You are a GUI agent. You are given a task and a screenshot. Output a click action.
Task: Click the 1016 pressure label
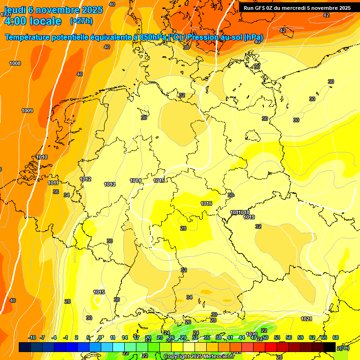pyautogui.click(x=206, y=203)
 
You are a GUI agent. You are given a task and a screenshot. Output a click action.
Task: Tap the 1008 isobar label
pyautogui.click(x=15, y=63)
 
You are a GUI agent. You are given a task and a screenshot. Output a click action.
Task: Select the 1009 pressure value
pyautogui.click(x=27, y=111)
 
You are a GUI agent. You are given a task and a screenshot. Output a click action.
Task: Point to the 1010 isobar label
pyautogui.click(x=42, y=157)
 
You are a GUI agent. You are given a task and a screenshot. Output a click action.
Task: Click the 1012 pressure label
pyautogui.click(x=85, y=179)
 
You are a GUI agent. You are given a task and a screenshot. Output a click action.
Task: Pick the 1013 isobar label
pyautogui.click(x=110, y=184)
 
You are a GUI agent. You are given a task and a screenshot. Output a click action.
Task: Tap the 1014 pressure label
pyautogui.click(x=135, y=180)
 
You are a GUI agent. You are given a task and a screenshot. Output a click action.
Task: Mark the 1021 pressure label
pyautogui.click(x=307, y=319)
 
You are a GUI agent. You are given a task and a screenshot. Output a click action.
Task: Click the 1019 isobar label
pyautogui.click(x=249, y=217)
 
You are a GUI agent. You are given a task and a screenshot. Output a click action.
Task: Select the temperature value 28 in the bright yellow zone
pyautogui.click(x=183, y=228)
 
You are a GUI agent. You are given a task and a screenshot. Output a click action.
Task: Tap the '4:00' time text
pyautogui.click(x=14, y=21)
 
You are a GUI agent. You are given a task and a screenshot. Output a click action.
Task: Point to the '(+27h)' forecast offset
pyautogui.click(x=81, y=21)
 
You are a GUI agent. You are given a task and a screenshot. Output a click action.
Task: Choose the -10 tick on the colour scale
pyautogui.click(x=32, y=337)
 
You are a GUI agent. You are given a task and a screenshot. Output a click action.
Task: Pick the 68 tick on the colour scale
pyautogui.click(x=336, y=337)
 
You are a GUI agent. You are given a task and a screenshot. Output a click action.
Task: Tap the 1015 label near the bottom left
pyautogui.click(x=99, y=292)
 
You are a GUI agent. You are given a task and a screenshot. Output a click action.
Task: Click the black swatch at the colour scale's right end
pyautogui.click(x=330, y=347)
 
